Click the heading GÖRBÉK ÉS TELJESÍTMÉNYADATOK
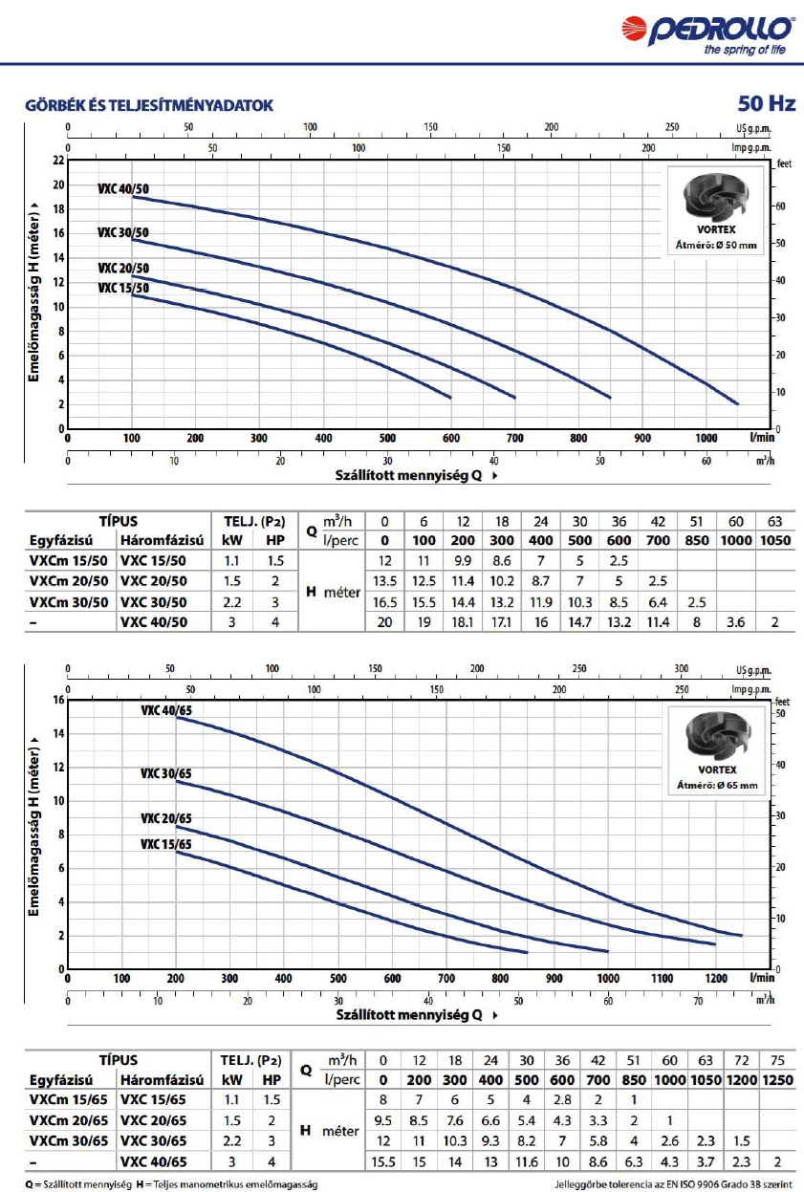[149, 105]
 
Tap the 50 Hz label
[766, 103]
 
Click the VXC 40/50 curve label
[122, 189]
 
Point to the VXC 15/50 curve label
[122, 287]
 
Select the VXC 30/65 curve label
[165, 773]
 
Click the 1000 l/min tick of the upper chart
[706, 438]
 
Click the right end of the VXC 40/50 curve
[738, 403]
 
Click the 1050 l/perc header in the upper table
[774, 540]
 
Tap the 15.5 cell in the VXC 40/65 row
[383, 1160]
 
